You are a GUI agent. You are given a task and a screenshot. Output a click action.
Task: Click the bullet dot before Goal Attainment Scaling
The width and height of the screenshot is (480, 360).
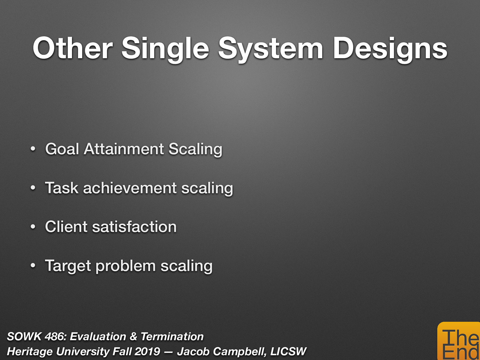click(x=33, y=149)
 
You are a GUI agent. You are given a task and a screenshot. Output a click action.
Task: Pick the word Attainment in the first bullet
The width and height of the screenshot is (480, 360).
click(x=124, y=149)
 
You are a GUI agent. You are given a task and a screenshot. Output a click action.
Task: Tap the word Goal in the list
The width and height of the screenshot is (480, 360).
click(x=62, y=149)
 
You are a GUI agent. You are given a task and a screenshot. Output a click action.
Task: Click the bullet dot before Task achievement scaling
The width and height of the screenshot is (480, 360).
click(x=33, y=188)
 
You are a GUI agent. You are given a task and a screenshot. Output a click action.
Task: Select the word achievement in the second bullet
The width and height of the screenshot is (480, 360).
click(x=130, y=188)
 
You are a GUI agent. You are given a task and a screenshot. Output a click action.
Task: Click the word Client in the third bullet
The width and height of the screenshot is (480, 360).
click(x=66, y=226)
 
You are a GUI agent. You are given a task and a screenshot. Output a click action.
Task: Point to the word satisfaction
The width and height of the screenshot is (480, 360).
click(x=134, y=226)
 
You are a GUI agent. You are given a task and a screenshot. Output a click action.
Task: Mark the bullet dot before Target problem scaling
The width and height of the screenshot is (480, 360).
click(x=33, y=266)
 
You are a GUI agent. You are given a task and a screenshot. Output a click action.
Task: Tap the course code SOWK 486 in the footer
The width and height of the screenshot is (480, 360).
click(x=35, y=337)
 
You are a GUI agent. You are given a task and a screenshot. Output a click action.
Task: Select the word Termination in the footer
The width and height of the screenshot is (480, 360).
click(x=172, y=337)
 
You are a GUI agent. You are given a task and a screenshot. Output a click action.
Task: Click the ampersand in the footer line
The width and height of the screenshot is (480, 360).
click(x=133, y=337)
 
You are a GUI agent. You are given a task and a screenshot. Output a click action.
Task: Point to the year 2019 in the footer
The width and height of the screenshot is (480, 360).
click(x=147, y=351)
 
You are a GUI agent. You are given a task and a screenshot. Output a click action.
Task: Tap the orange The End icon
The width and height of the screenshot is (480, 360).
click(x=459, y=342)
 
